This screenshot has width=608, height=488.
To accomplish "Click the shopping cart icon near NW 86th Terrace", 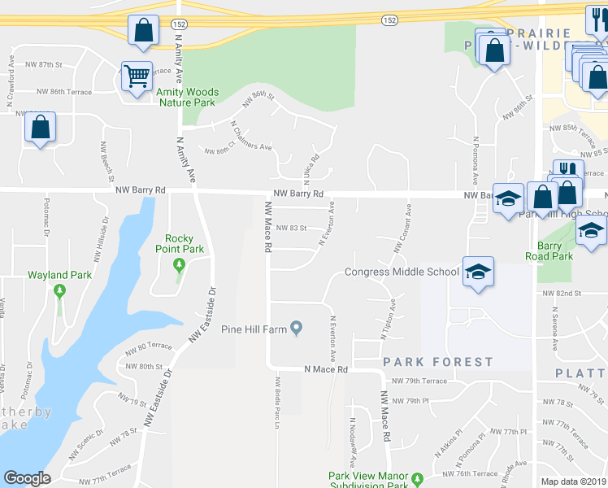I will (137, 76).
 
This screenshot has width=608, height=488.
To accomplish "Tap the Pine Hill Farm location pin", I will (297, 329).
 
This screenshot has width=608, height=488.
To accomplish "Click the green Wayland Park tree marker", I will (59, 290).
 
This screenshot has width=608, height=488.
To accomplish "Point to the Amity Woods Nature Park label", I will (187, 98).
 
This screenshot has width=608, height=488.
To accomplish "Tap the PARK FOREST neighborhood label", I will (438, 362).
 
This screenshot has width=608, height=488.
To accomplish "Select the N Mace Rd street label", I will (326, 369).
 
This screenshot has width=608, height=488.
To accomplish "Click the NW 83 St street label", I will (291, 229).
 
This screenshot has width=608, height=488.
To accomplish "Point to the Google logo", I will (27, 478).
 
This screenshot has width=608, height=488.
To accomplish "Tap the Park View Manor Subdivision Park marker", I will (418, 478).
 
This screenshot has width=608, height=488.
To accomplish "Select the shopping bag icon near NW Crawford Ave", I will (40, 128).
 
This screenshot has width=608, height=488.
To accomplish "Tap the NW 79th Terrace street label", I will (419, 381).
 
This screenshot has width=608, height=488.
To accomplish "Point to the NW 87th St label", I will (44, 64).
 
